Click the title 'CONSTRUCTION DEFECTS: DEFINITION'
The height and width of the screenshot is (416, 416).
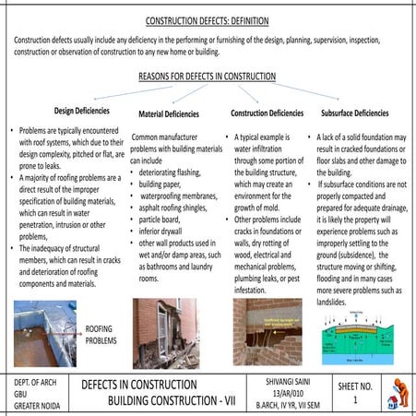[x=208, y=19]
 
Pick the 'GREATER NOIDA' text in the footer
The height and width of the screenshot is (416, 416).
[x=36, y=403]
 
